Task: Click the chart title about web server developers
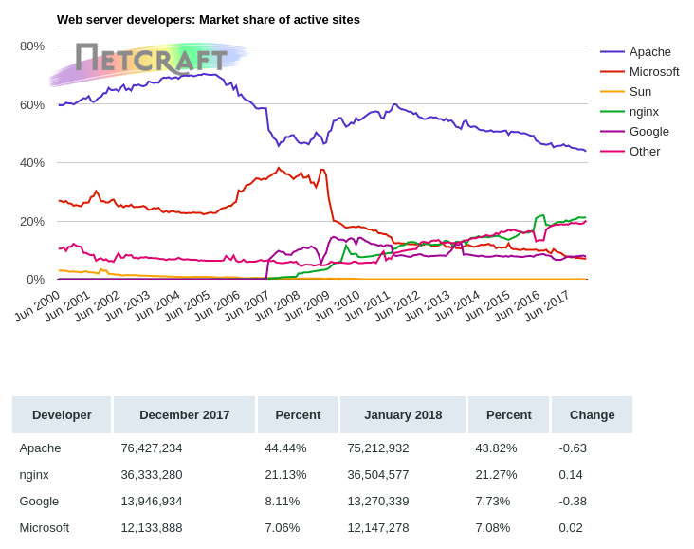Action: coord(209,20)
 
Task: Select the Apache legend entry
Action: coord(649,51)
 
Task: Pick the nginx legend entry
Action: coord(644,111)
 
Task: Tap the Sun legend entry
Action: coord(640,91)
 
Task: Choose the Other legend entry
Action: coord(645,151)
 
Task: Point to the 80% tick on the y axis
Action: coord(32,46)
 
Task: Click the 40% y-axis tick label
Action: coord(32,162)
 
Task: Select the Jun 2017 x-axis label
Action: coord(547,305)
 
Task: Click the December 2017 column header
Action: coord(185,414)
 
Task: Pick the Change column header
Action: coord(592,414)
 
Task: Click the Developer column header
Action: coord(62,414)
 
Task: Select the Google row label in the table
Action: coord(39,501)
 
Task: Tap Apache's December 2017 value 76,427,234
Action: coord(152,448)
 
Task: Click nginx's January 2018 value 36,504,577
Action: coord(378,474)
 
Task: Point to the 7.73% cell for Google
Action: coord(493,501)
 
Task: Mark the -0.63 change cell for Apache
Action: coord(573,448)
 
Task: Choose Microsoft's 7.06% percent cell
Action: coord(283,527)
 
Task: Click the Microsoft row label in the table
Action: coord(45,527)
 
